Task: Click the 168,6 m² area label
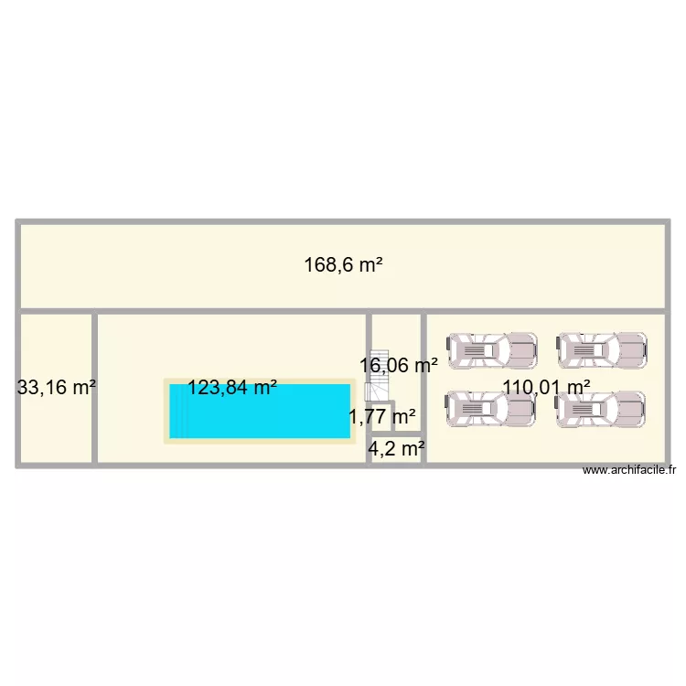pos(343,264)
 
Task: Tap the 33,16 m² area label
pos(57,387)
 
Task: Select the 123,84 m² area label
pos(232,387)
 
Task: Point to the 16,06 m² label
pos(399,365)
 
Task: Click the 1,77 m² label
pos(382,416)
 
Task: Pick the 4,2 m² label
pos(396,448)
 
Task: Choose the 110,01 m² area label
pos(546,387)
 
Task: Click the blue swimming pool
pos(260,412)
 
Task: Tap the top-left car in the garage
pos(492,350)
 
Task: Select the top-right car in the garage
pos(602,350)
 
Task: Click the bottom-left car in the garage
pos(490,409)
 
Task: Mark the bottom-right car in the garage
pos(600,409)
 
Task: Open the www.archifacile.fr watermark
pos(629,470)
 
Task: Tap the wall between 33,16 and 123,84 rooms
pos(94,388)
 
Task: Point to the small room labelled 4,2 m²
pos(396,449)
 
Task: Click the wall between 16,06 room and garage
pos(423,388)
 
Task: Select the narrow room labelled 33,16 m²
pos(57,388)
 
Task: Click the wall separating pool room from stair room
pos(369,388)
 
